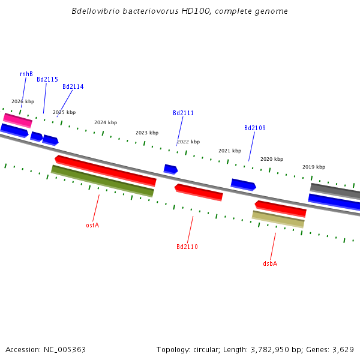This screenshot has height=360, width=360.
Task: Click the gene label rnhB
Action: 26,74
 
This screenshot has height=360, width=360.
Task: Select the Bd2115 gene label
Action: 47,79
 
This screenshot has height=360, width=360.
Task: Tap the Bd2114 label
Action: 73,86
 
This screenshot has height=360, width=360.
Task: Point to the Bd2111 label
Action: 184,113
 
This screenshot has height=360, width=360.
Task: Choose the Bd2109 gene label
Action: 255,128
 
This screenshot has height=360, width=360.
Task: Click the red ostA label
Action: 92,225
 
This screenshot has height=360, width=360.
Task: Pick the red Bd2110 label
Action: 187,247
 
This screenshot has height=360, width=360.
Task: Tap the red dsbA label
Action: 270,263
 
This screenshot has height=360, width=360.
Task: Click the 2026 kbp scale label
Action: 23,101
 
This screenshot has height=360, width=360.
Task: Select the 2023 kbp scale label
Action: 147,133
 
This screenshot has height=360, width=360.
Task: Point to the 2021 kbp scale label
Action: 230,151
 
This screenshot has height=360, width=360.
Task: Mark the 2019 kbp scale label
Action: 314,167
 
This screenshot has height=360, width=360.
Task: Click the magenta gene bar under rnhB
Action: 18,120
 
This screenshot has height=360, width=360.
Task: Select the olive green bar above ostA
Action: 103,181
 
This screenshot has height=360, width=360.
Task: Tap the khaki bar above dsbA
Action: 278,219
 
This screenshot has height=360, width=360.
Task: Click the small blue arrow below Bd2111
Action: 170,169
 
